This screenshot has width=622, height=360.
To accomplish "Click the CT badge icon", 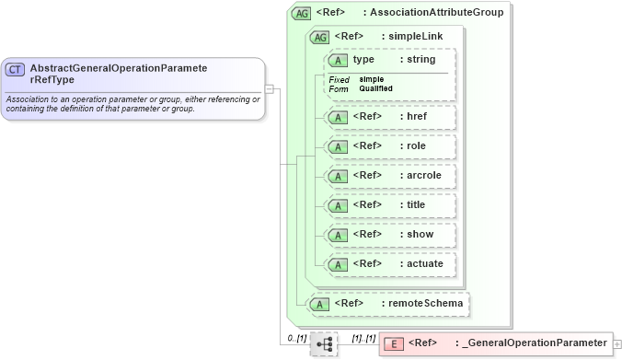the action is click(x=16, y=70).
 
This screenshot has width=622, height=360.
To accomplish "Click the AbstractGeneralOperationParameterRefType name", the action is click(x=118, y=73).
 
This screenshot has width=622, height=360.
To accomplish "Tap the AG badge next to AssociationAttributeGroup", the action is click(x=301, y=14).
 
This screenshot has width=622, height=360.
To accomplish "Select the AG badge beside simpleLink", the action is click(x=320, y=38).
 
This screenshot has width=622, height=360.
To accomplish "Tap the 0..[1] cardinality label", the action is click(x=294, y=338).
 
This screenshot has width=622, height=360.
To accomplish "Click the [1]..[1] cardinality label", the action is click(x=363, y=338).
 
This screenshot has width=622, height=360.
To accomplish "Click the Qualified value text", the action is click(x=376, y=88).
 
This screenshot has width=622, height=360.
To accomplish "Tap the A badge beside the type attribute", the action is click(x=338, y=60).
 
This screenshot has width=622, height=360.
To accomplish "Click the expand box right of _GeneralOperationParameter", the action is click(x=616, y=343).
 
